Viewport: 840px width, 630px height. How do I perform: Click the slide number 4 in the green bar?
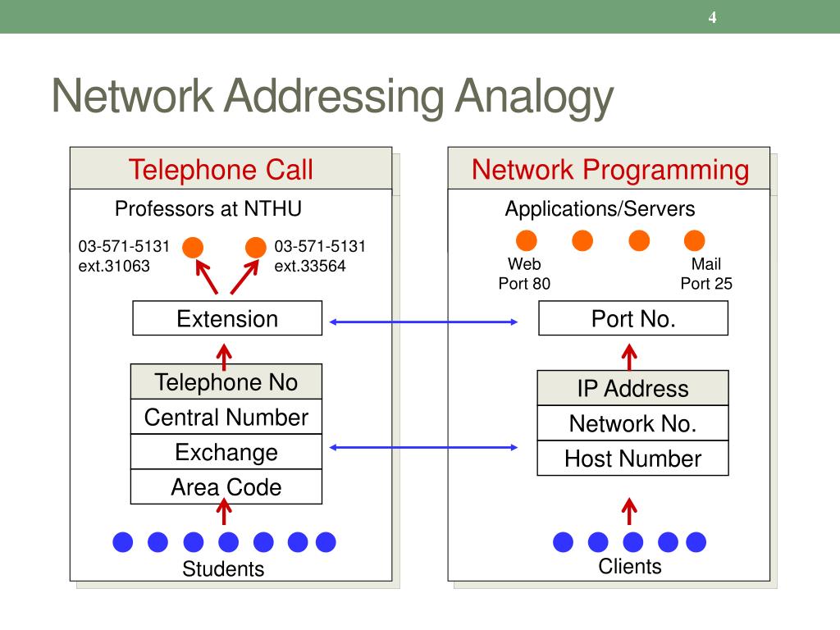pos(712,17)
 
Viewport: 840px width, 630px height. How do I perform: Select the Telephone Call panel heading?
pos(221,170)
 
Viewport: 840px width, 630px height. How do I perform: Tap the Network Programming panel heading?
pos(610,170)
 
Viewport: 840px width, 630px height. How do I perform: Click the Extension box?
pos(227,318)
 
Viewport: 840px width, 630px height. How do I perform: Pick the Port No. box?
pos(633,318)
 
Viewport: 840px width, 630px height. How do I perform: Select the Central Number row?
pos(226,417)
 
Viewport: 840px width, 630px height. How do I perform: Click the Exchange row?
pos(226,452)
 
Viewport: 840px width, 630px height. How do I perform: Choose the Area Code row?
pos(226,487)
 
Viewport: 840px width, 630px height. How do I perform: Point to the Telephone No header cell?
pos(226,382)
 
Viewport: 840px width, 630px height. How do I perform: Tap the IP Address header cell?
pos(632,388)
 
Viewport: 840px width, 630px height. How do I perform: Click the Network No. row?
pos(632,423)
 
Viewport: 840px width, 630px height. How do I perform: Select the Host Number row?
pos(632,458)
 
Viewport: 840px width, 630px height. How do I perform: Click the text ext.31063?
pos(114,266)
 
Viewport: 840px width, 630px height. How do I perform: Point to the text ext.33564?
pos(310,266)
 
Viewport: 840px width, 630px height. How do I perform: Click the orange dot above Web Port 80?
pos(526,240)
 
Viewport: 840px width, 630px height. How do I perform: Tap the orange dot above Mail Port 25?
pos(694,240)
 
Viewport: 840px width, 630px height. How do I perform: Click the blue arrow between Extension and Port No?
pos(423,322)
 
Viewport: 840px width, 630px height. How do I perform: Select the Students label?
pos(223,569)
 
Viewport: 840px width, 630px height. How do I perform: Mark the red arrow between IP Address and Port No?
pos(629,358)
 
